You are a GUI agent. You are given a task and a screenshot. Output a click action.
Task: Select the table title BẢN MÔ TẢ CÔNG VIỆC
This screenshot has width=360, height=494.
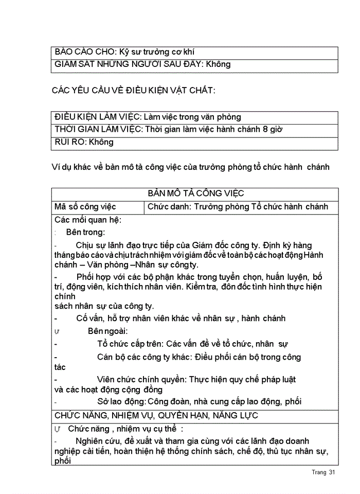click(x=195, y=194)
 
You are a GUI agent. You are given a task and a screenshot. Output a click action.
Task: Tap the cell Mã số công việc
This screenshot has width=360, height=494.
click(x=85, y=207)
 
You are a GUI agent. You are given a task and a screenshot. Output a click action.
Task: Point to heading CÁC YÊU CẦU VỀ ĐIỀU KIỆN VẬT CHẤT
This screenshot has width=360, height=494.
click(x=133, y=91)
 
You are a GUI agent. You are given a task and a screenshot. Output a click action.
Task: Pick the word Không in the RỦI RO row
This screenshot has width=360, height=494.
click(x=101, y=142)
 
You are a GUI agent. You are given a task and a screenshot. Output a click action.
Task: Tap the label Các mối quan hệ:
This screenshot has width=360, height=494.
click(x=87, y=220)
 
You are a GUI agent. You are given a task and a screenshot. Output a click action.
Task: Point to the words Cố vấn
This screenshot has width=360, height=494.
click(x=89, y=319)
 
